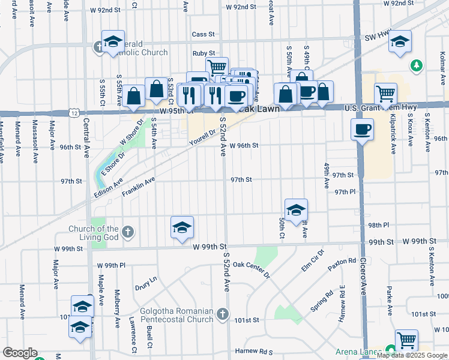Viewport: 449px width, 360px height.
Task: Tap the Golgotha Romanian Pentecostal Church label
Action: (176, 315)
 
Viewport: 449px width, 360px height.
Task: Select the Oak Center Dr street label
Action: (252, 268)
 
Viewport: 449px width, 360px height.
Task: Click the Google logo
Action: (20, 352)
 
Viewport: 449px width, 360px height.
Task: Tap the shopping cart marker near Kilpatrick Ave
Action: (385, 94)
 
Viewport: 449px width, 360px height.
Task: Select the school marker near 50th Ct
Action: (296, 210)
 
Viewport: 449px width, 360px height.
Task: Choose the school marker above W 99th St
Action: (182, 227)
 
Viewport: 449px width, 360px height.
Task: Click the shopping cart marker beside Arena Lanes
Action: (407, 340)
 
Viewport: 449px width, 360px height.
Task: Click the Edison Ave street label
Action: (109, 187)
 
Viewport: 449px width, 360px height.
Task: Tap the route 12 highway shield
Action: (73, 113)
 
